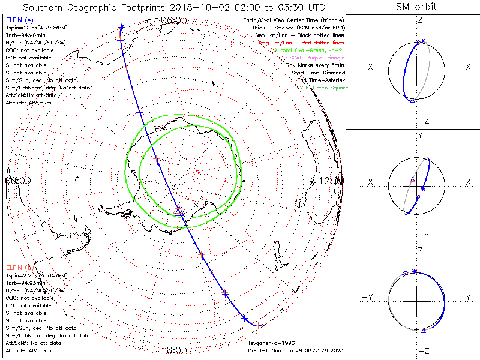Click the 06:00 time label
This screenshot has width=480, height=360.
[x=174, y=20]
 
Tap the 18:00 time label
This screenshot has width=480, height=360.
[x=174, y=350]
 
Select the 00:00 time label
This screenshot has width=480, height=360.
[x=17, y=181]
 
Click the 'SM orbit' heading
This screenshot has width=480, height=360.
[x=416, y=7]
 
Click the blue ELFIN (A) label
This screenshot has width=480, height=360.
[x=19, y=21]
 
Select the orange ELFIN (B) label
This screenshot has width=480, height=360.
[x=19, y=267]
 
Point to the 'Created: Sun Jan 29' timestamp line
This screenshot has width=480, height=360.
[x=296, y=350]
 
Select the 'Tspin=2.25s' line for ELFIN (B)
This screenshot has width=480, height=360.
[x=36, y=275]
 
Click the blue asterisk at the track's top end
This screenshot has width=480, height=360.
[x=122, y=27]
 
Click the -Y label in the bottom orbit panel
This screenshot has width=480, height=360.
[x=368, y=297]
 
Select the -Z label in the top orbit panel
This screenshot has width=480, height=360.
[x=422, y=121]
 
